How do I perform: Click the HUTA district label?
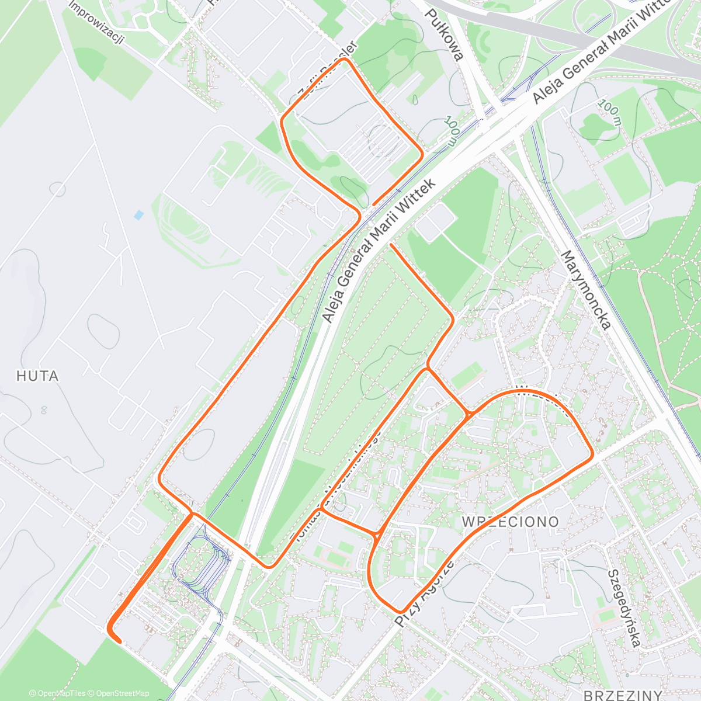(x=37, y=376)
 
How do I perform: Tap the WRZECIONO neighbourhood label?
(x=511, y=521)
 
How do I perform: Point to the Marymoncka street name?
(x=586, y=290)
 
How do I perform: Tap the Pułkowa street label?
(x=444, y=34)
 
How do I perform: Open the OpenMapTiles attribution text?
(x=57, y=693)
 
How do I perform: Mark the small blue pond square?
(x=138, y=215)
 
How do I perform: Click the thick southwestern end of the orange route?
(x=119, y=641)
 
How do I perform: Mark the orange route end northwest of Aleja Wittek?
(x=374, y=204)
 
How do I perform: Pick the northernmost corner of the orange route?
(x=346, y=59)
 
